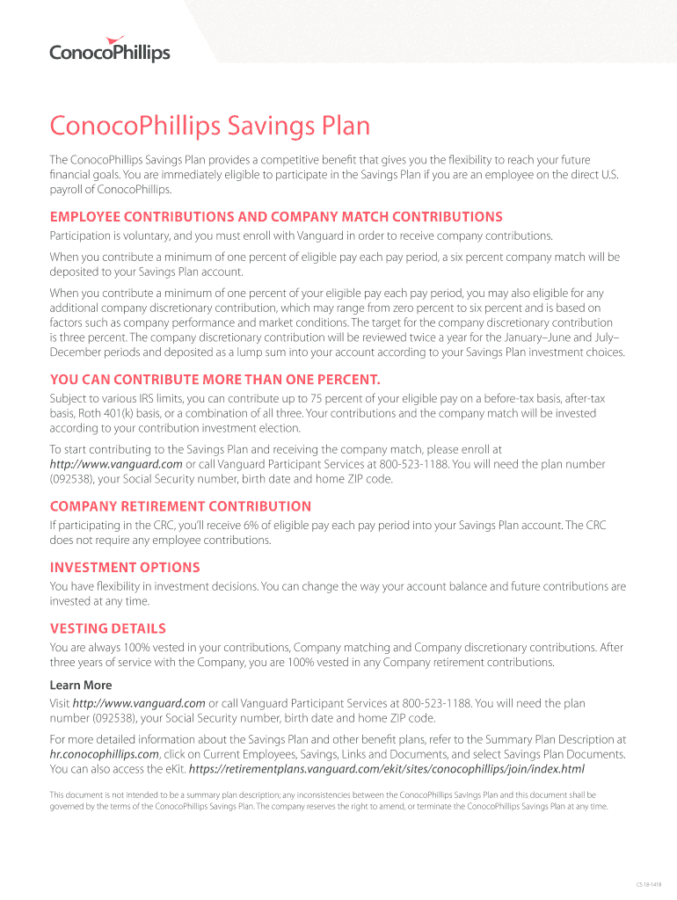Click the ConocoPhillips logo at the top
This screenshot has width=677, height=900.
point(109,49)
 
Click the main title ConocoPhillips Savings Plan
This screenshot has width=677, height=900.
point(210,127)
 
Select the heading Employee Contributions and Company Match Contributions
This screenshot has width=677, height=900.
point(276,217)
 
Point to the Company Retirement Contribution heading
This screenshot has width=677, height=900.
point(180,506)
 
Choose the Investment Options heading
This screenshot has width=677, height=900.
point(125,568)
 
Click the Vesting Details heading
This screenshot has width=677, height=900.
point(108,628)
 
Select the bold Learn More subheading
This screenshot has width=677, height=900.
point(81,685)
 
